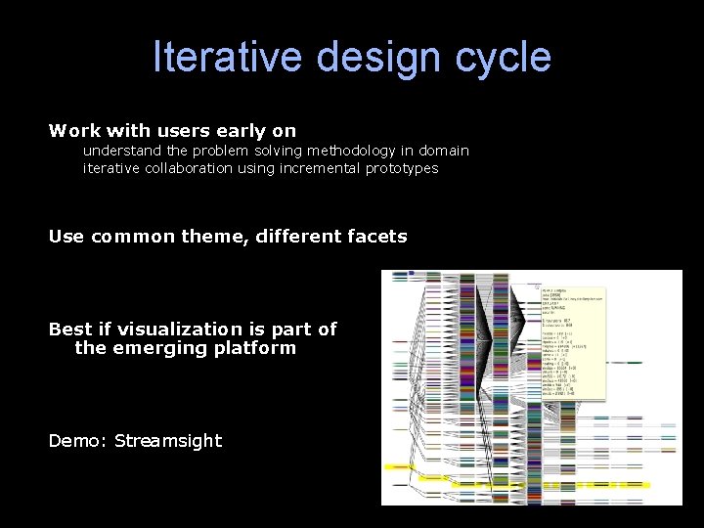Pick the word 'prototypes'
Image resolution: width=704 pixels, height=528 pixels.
coord(402,168)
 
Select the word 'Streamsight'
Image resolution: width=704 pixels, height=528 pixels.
coord(168,441)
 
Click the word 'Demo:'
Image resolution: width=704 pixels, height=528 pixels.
coord(77,441)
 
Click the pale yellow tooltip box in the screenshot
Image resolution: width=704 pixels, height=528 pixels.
coord(572,341)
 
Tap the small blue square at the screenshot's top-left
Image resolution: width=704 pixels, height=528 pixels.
coord(412,273)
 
